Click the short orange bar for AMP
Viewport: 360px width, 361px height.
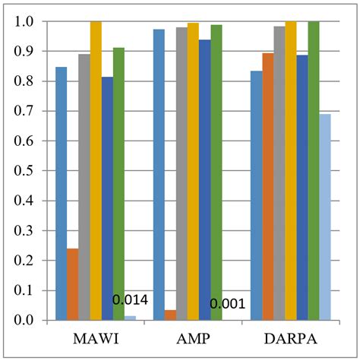click(170, 315)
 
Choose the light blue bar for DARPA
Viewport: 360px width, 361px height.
click(325, 217)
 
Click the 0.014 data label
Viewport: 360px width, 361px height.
click(130, 300)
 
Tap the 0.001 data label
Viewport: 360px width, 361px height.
click(227, 305)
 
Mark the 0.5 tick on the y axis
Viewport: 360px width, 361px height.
click(25, 171)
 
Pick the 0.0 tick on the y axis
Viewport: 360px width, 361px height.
click(25, 320)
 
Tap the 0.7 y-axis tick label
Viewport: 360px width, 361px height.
click(25, 112)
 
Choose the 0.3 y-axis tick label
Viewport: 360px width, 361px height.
click(25, 231)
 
